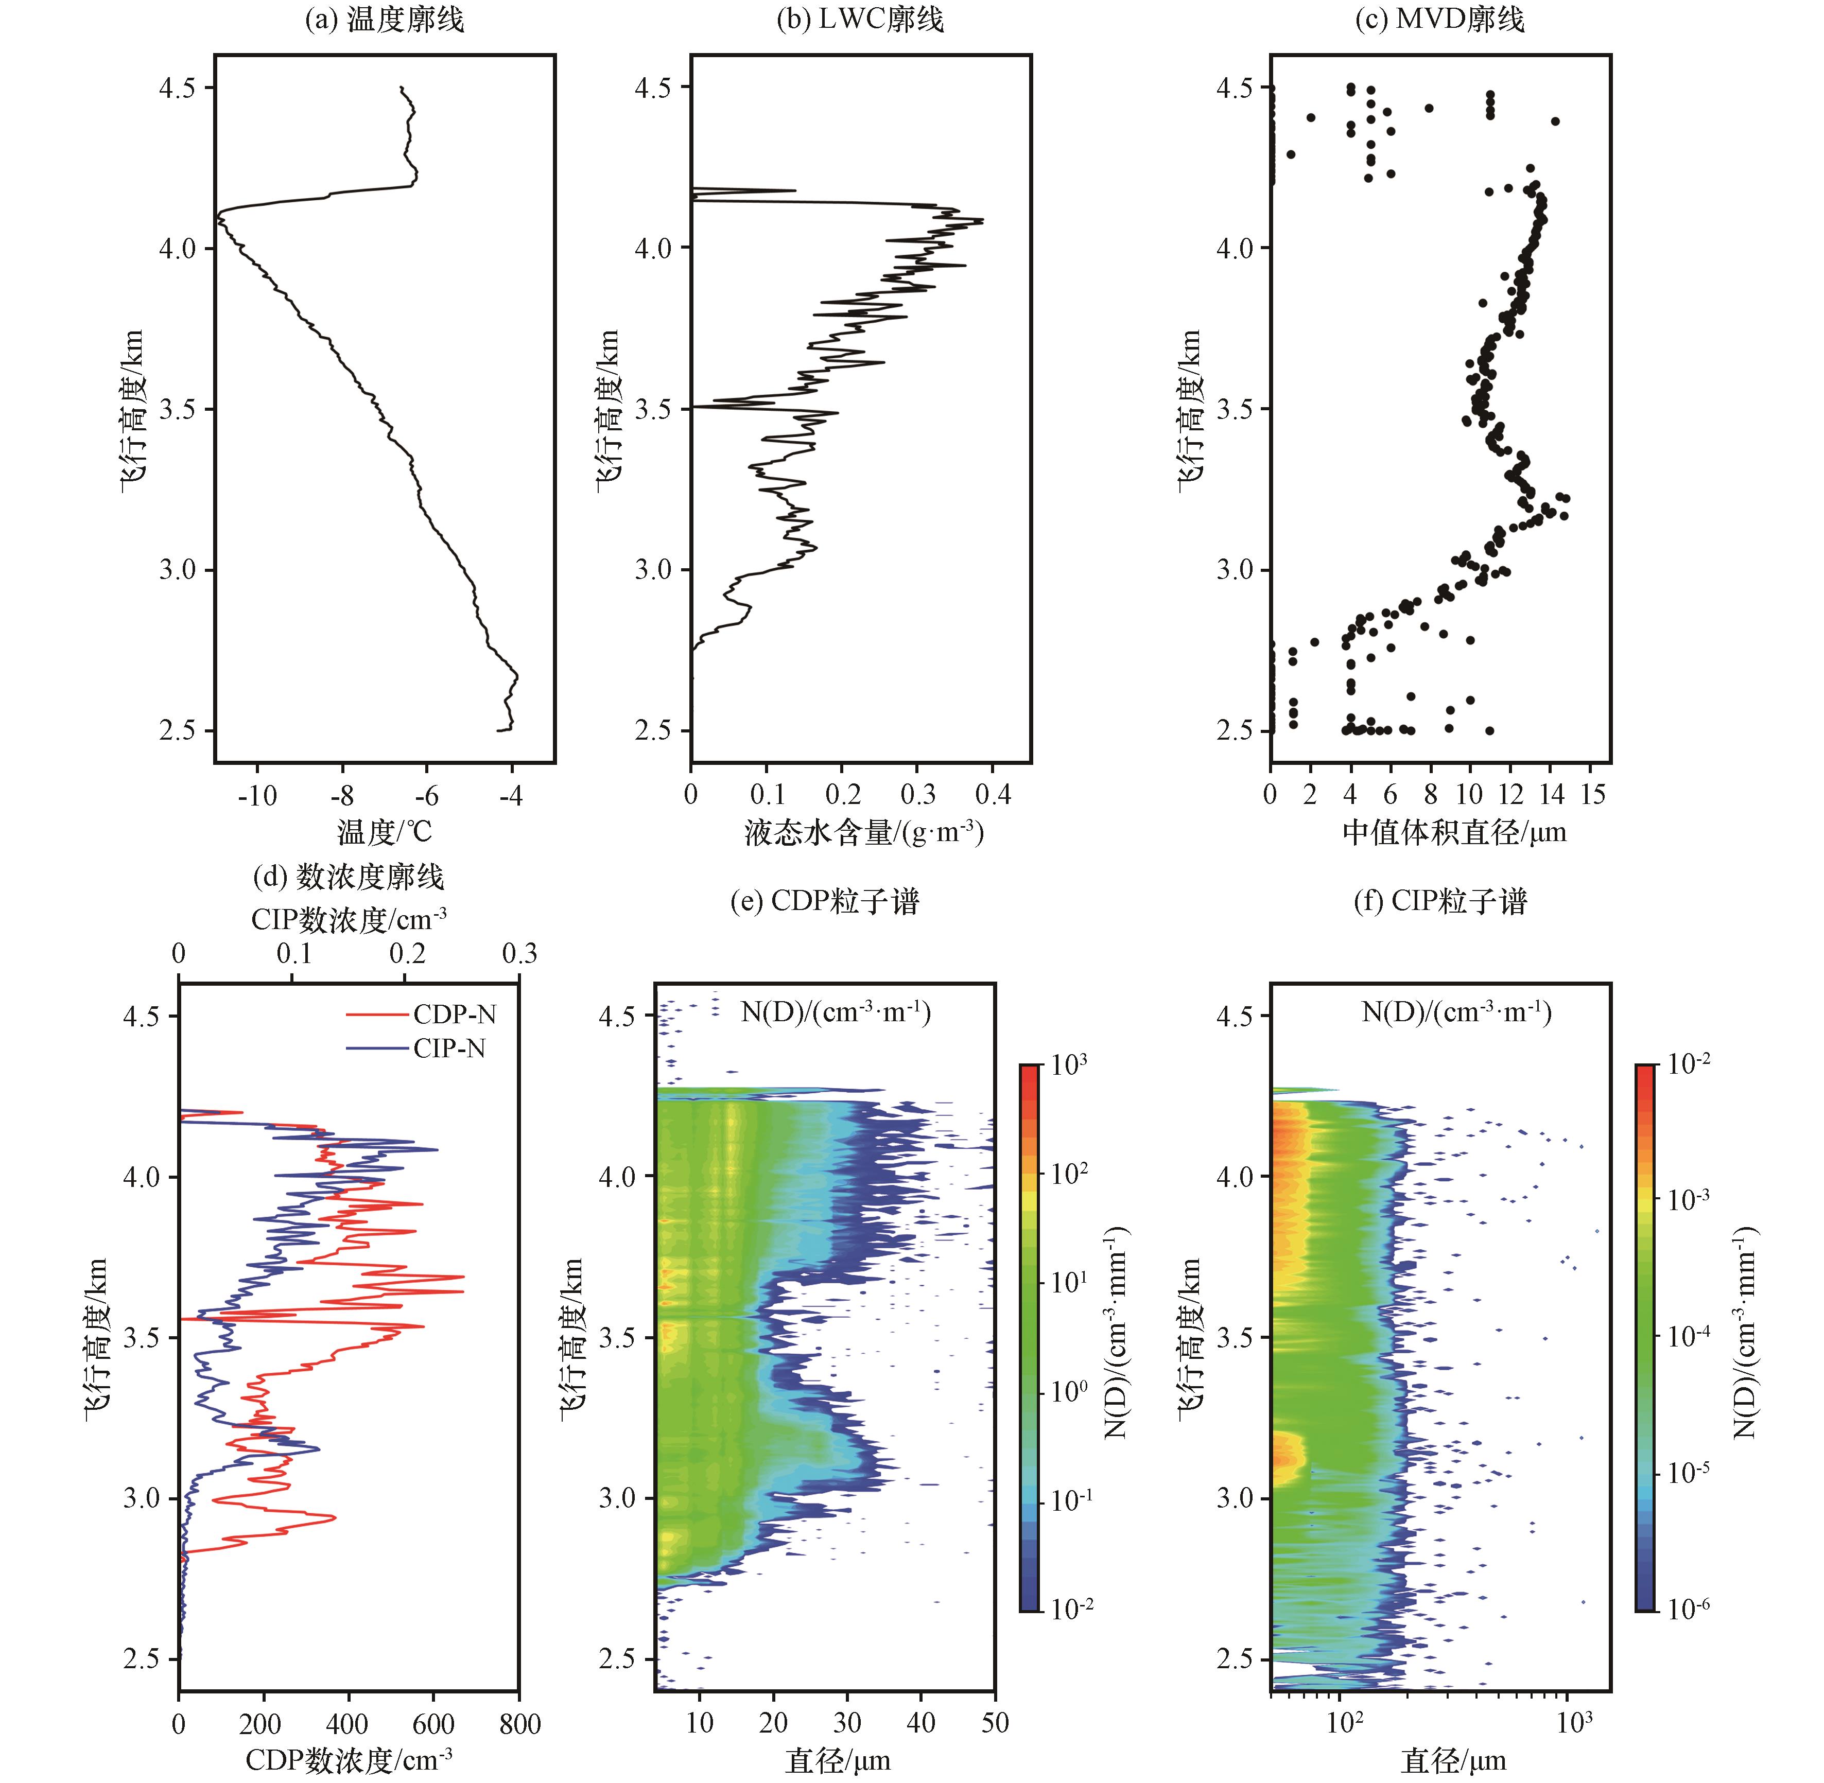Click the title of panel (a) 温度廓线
pos(384,20)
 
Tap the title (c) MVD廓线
pos(1440,20)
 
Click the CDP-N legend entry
pos(455,1014)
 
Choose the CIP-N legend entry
pos(449,1048)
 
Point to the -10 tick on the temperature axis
pos(257,796)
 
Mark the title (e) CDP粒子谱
pos(824,901)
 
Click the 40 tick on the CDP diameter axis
pos(921,1723)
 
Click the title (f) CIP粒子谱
pos(1440,901)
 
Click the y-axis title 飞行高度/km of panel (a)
pos(132,409)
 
